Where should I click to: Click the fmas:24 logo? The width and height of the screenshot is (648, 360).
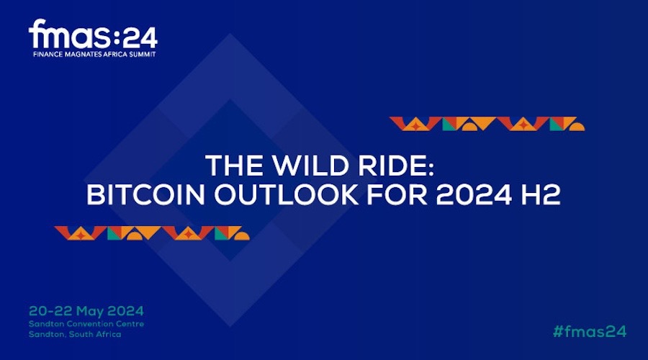coord(93,37)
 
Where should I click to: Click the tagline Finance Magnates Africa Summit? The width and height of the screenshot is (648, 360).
coord(94,54)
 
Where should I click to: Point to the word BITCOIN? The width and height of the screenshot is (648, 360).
coord(145,194)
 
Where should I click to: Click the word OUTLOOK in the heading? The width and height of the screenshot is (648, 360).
coord(286,194)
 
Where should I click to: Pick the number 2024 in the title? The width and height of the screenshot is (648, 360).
coord(474,194)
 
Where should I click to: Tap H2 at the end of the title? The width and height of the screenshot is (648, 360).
coord(541,194)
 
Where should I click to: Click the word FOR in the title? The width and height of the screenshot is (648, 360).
coord(397,194)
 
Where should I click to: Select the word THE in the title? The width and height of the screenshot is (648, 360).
coord(234,166)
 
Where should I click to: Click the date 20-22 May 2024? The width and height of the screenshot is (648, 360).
coord(86,311)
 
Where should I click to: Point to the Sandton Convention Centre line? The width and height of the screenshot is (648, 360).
coord(86,323)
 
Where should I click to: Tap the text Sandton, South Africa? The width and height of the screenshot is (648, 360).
coord(75,334)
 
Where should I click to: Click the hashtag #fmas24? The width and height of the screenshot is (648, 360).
coord(590,331)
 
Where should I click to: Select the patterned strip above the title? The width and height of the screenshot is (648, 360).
coord(487,124)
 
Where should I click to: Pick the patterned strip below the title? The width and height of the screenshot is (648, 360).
coord(152,233)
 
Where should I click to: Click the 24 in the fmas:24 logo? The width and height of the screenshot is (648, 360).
coord(140,38)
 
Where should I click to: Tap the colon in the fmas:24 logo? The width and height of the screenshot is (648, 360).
coord(116,38)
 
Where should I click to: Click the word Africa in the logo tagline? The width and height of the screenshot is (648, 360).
coord(119,54)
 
